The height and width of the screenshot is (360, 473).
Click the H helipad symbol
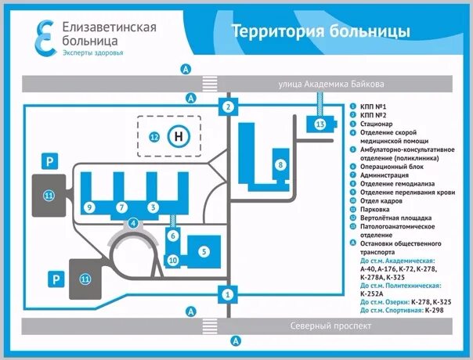pyautogui.click(x=179, y=136)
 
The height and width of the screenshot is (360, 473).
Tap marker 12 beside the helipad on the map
pyautogui.click(x=155, y=137)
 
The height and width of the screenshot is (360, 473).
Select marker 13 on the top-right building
pyautogui.click(x=320, y=124)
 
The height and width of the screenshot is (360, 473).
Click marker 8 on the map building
pyautogui.click(x=280, y=164)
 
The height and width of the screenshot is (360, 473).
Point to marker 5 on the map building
pyautogui.click(x=204, y=251)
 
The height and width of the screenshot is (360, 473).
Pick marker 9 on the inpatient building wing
pyautogui.click(x=91, y=207)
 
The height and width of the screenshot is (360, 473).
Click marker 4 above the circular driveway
pyautogui.click(x=134, y=223)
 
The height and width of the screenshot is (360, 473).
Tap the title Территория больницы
pyautogui.click(x=320, y=31)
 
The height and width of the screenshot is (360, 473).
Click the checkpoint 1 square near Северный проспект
pyautogui.click(x=227, y=294)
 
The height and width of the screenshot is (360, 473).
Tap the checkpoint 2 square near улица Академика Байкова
pyautogui.click(x=228, y=106)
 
